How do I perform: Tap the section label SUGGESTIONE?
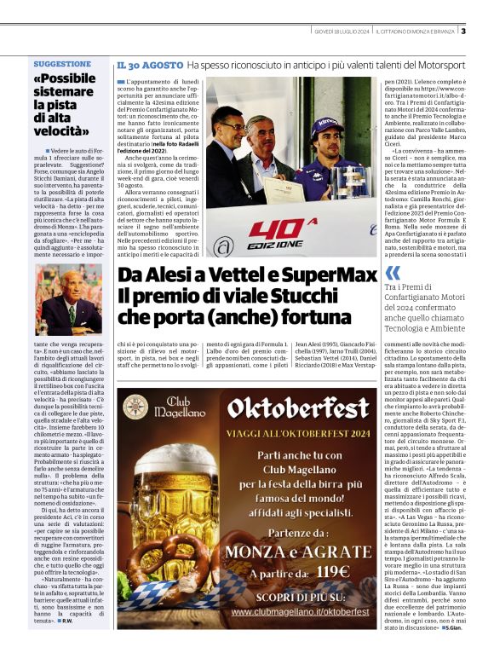pyautogui.click(x=62, y=64)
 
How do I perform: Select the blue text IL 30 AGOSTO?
pyautogui.click(x=150, y=65)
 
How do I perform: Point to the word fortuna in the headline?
pyautogui.click(x=335, y=315)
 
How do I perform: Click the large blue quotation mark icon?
pyautogui.click(x=393, y=273)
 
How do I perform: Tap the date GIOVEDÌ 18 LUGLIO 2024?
pyautogui.click(x=342, y=32)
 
